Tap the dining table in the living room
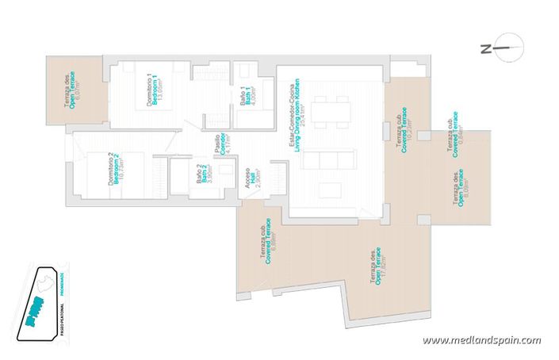tap(328, 110)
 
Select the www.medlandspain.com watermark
tap(481, 340)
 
